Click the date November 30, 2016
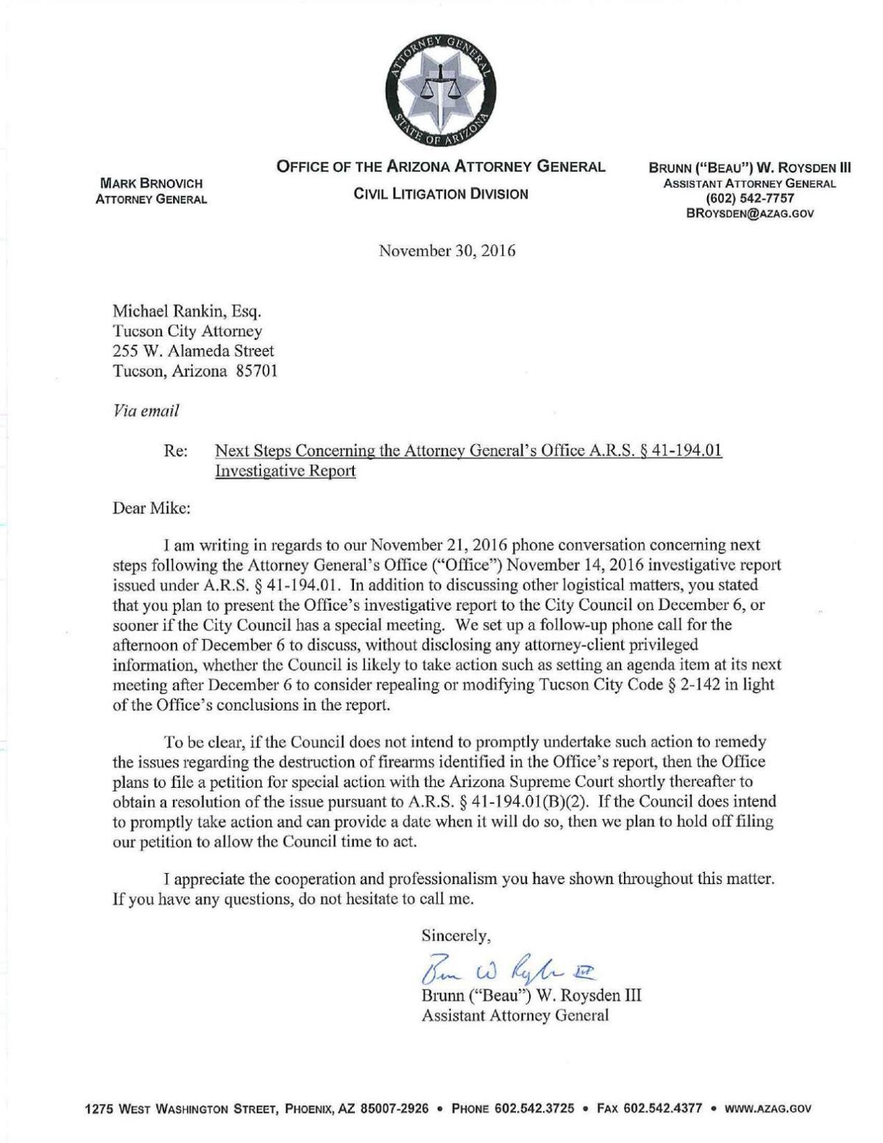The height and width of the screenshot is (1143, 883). click(x=447, y=251)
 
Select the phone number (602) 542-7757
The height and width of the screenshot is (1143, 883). click(x=750, y=199)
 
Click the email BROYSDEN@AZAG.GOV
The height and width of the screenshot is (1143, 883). click(x=750, y=213)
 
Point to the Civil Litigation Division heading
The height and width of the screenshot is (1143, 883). click(x=441, y=194)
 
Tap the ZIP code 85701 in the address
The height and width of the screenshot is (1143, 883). click(x=256, y=371)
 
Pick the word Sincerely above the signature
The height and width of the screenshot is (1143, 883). click(x=455, y=936)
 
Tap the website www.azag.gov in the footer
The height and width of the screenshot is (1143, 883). click(x=768, y=1108)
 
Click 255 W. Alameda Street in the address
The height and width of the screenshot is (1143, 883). click(x=193, y=352)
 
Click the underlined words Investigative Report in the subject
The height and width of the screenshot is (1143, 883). click(x=286, y=471)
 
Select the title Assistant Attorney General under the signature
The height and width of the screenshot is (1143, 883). click(x=514, y=1016)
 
